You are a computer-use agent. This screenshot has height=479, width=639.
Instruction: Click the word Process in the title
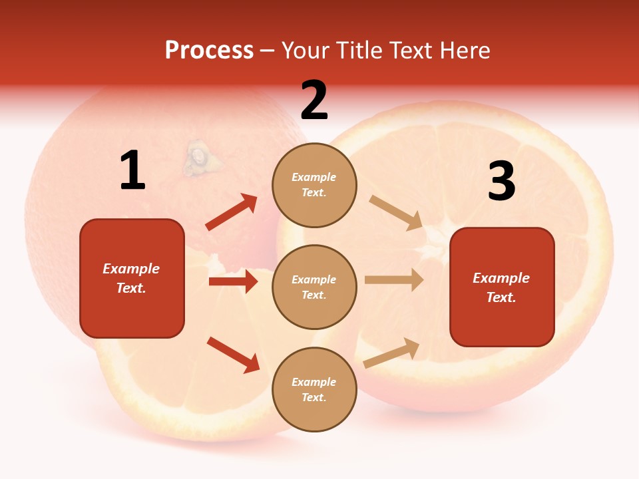pyautogui.click(x=209, y=51)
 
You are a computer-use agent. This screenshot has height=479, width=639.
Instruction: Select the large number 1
pyautogui.click(x=132, y=171)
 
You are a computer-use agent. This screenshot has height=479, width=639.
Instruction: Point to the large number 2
pyautogui.click(x=314, y=101)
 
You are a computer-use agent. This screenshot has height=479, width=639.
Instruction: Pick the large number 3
pyautogui.click(x=501, y=182)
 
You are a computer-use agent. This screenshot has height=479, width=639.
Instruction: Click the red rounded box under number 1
pyautogui.click(x=132, y=278)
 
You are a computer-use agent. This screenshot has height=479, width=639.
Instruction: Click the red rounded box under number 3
pyautogui.click(x=502, y=287)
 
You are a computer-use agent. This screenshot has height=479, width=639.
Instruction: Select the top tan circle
pyautogui.click(x=314, y=185)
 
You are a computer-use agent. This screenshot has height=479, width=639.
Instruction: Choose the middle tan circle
pyautogui.click(x=314, y=287)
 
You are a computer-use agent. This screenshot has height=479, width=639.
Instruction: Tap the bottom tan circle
pyautogui.click(x=314, y=390)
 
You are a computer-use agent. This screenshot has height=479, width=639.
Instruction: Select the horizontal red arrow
pyautogui.click(x=233, y=281)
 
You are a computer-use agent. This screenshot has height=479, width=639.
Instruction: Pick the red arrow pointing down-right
pyautogui.click(x=233, y=355)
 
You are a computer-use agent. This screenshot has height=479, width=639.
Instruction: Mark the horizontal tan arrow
pyautogui.click(x=394, y=280)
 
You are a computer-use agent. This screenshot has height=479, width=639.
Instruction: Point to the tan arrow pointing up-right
pyautogui.click(x=391, y=353)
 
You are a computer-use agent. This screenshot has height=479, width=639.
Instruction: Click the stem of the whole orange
pyautogui.click(x=197, y=158)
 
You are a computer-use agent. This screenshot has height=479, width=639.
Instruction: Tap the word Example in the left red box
pyautogui.click(x=131, y=269)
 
